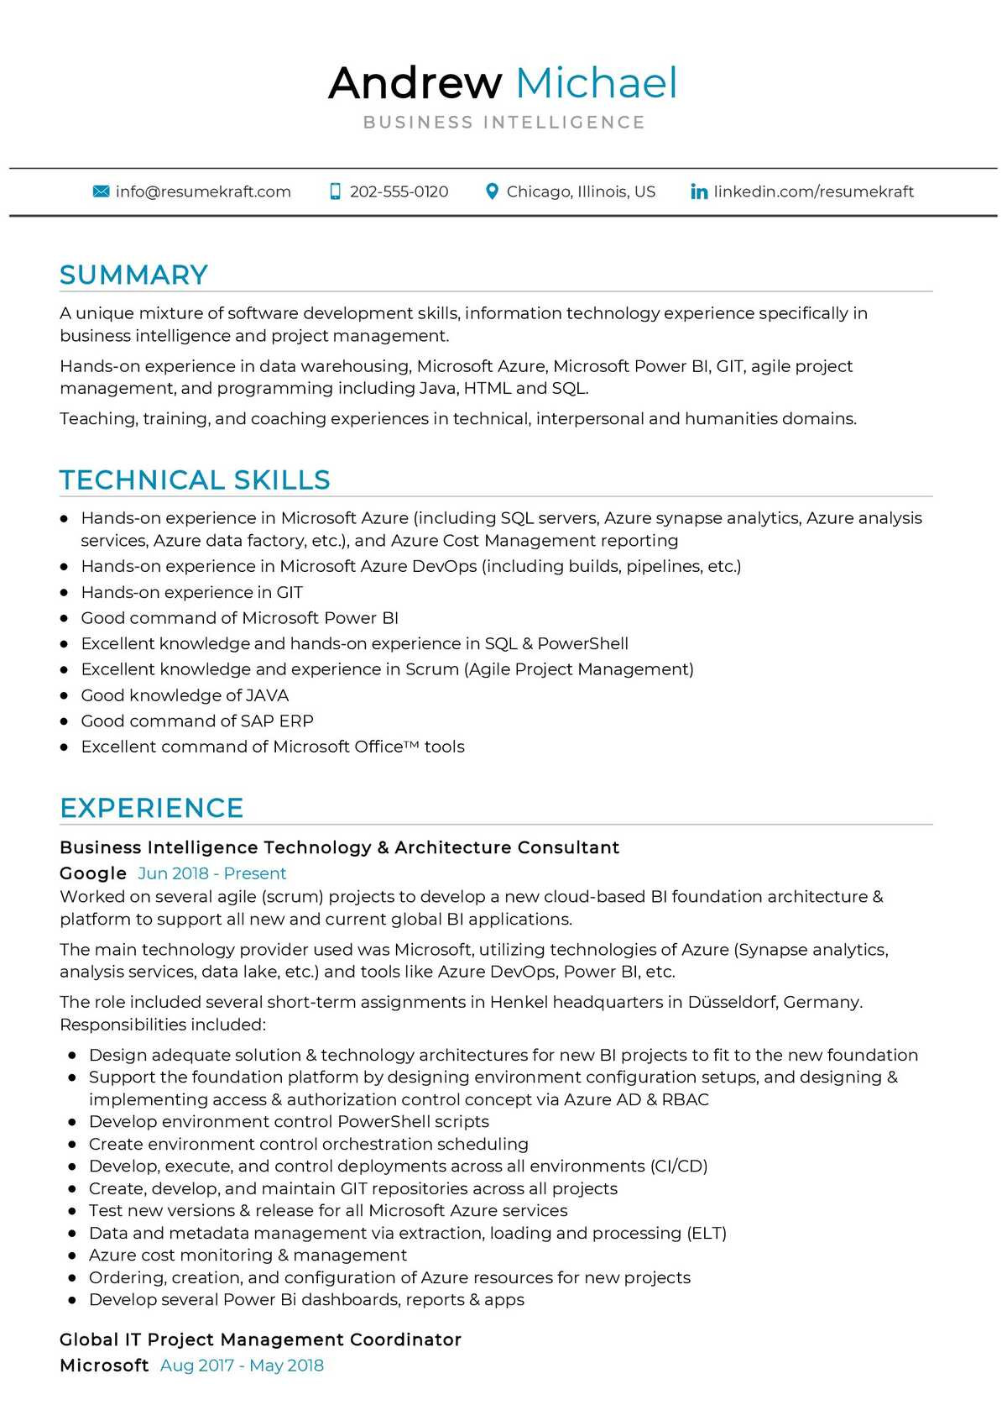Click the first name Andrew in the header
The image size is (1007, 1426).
click(x=415, y=83)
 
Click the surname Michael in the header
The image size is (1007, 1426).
click(x=596, y=83)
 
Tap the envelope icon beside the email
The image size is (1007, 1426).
click(x=101, y=191)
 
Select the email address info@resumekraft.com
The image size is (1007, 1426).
click(x=203, y=191)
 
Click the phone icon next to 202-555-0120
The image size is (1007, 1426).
click(x=336, y=191)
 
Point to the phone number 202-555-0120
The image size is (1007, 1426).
click(x=399, y=191)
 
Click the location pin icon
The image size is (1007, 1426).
click(x=493, y=191)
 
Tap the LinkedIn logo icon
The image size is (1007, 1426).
click(x=698, y=191)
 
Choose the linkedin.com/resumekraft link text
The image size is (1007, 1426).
click(x=813, y=191)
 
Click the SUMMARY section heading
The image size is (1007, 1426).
click(x=133, y=275)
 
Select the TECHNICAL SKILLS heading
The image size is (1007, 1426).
click(x=195, y=480)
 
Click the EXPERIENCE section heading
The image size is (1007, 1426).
click(x=151, y=808)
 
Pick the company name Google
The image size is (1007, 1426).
click(x=93, y=873)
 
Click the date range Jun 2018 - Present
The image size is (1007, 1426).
click(x=212, y=873)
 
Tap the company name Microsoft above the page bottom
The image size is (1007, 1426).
click(x=104, y=1366)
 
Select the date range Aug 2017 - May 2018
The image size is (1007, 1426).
click(x=242, y=1366)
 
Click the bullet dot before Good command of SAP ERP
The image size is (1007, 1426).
click(x=65, y=721)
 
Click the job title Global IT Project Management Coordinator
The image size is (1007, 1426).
click(x=260, y=1339)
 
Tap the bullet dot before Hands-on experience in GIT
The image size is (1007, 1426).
click(x=65, y=593)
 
